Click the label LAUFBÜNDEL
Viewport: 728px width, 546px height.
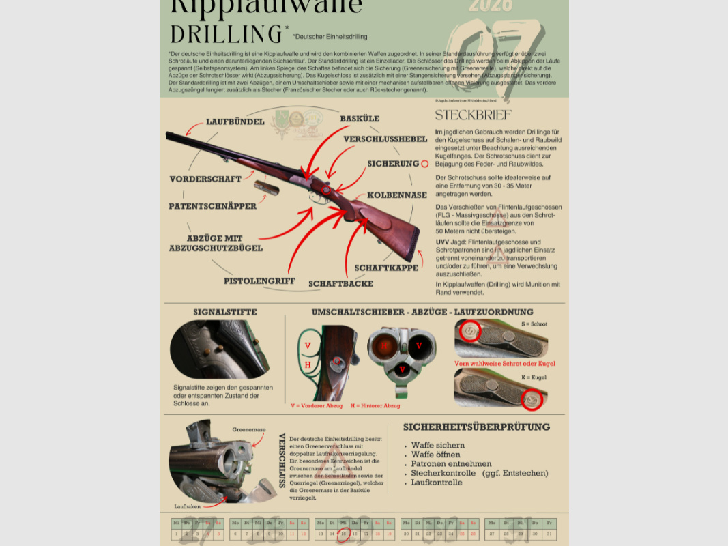pos(235,122)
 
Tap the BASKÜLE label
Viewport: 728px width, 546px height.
pos(360,119)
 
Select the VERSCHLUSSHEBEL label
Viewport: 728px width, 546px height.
pos(385,139)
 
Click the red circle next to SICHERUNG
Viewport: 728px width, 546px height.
pos(424,164)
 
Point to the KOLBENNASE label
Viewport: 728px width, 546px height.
pos(396,195)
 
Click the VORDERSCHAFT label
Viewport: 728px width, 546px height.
pos(205,179)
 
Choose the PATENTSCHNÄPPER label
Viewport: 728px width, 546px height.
pos(212,206)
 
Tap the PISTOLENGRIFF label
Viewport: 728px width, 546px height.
pos(259,281)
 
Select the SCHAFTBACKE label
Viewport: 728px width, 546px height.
pos(340,283)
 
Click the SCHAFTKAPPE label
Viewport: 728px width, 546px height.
pos(386,268)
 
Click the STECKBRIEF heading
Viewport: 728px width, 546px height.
pos(473,115)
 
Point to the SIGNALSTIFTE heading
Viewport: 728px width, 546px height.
pos(224,312)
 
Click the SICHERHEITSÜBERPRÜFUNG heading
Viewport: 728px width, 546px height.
pos(476,427)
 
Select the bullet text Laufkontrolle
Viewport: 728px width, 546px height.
pos(436,483)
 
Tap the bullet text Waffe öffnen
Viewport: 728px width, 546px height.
pos(435,455)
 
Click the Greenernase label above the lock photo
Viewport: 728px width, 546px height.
pos(245,430)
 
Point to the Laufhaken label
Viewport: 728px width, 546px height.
pos(187,506)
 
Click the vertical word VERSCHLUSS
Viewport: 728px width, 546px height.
pos(282,460)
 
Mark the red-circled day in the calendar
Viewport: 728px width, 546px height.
pos(343,534)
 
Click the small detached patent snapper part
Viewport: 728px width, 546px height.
pos(266,188)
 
